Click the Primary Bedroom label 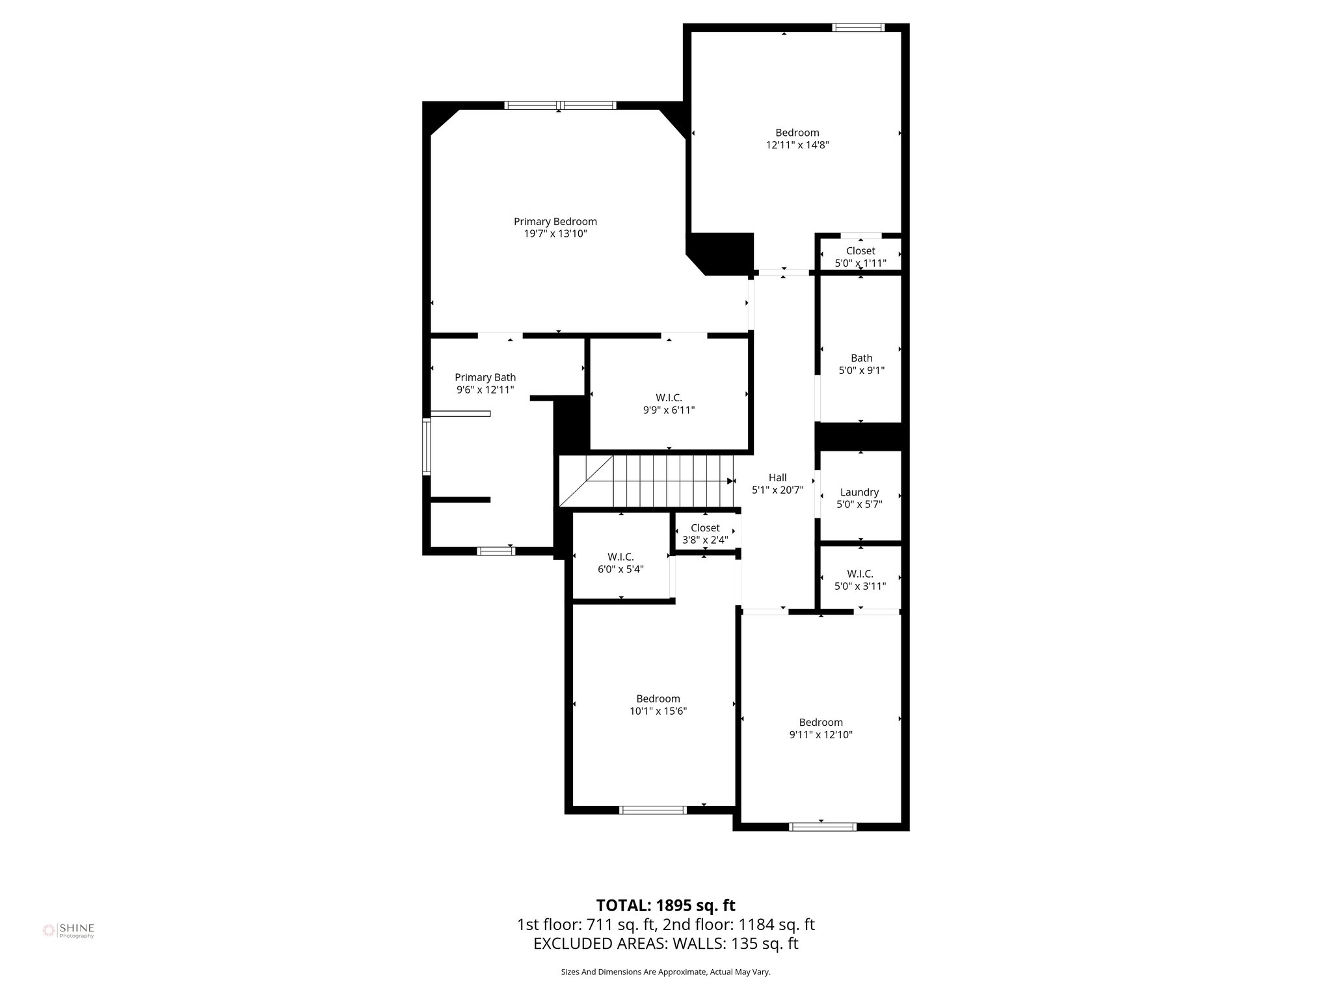tap(555, 222)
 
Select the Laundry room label tap(859, 492)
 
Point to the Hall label tap(777, 478)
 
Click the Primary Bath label tap(485, 378)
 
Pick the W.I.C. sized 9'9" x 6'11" tap(669, 404)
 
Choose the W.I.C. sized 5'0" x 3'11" tap(860, 579)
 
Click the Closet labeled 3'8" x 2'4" tap(705, 534)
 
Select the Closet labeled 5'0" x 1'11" tap(860, 257)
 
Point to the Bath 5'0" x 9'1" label tap(861, 364)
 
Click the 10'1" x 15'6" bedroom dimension tap(658, 712)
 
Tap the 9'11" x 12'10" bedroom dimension tap(820, 735)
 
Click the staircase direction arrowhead tap(730, 481)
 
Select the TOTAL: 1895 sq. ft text tap(665, 905)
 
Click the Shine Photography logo tap(68, 931)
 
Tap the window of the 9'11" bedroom tap(822, 827)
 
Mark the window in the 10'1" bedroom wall tap(652, 810)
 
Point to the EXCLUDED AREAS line tap(665, 944)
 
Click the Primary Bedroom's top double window tap(560, 105)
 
